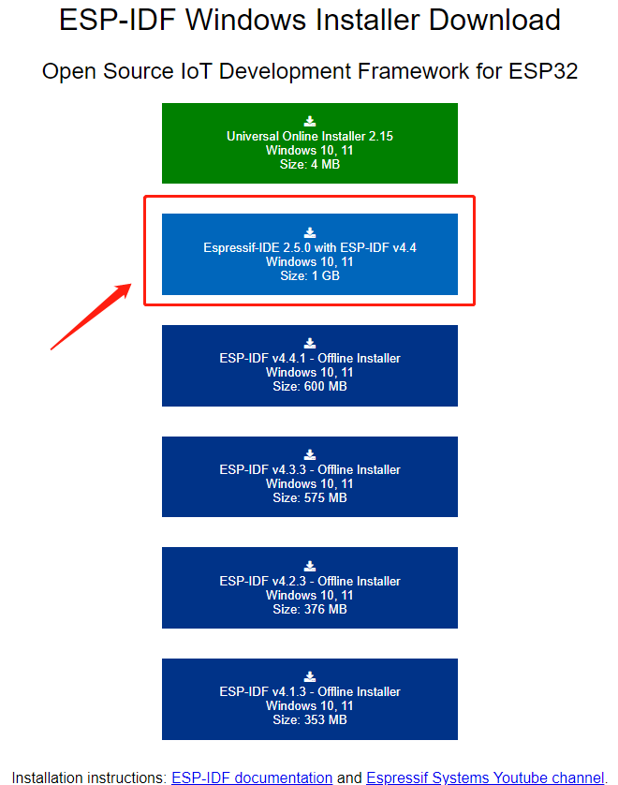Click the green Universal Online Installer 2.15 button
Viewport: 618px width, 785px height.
coord(309,142)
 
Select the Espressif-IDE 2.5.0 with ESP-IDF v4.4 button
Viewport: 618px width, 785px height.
coord(309,254)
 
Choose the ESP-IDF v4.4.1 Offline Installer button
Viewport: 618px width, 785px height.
coord(309,365)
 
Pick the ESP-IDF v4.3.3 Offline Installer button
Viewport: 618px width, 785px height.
coord(309,476)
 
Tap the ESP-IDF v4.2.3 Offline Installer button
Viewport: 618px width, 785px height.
coord(309,587)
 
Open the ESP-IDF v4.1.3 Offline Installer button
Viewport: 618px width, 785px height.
coord(309,699)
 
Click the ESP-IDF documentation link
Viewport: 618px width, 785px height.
coord(252,778)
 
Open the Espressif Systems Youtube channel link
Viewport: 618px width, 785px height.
coord(485,778)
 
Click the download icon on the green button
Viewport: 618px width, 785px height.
coord(310,121)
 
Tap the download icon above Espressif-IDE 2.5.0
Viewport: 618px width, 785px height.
coord(310,232)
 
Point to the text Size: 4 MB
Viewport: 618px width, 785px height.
coord(310,164)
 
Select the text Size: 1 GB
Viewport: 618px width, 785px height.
coord(310,275)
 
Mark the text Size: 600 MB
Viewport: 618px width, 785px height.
coord(310,386)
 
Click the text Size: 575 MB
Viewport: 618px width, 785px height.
coord(310,497)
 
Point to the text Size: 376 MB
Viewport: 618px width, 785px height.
coord(310,609)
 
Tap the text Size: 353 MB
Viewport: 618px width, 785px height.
coord(310,719)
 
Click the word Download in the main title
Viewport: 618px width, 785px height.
coord(492,20)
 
